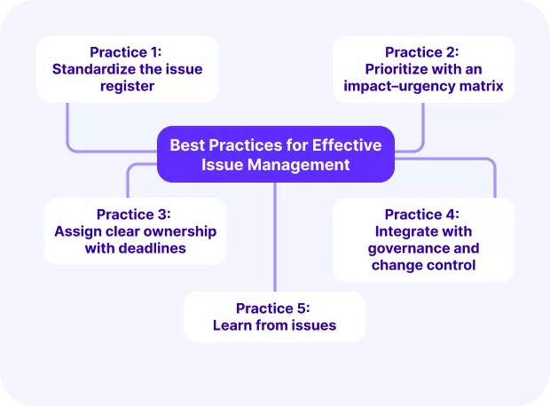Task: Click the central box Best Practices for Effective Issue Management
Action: pyautogui.click(x=275, y=154)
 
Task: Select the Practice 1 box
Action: pyautogui.click(x=127, y=68)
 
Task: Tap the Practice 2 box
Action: pyautogui.click(x=422, y=68)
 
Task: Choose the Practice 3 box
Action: pyautogui.click(x=135, y=230)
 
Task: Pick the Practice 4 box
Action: pyautogui.click(x=422, y=239)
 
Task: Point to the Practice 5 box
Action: pyautogui.click(x=273, y=316)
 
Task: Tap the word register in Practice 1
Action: pyautogui.click(x=127, y=86)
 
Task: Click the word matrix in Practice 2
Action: pyautogui.click(x=483, y=86)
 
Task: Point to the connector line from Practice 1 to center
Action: pyautogui.click(x=69, y=129)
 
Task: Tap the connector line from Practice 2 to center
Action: pyautogui.click(x=422, y=124)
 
